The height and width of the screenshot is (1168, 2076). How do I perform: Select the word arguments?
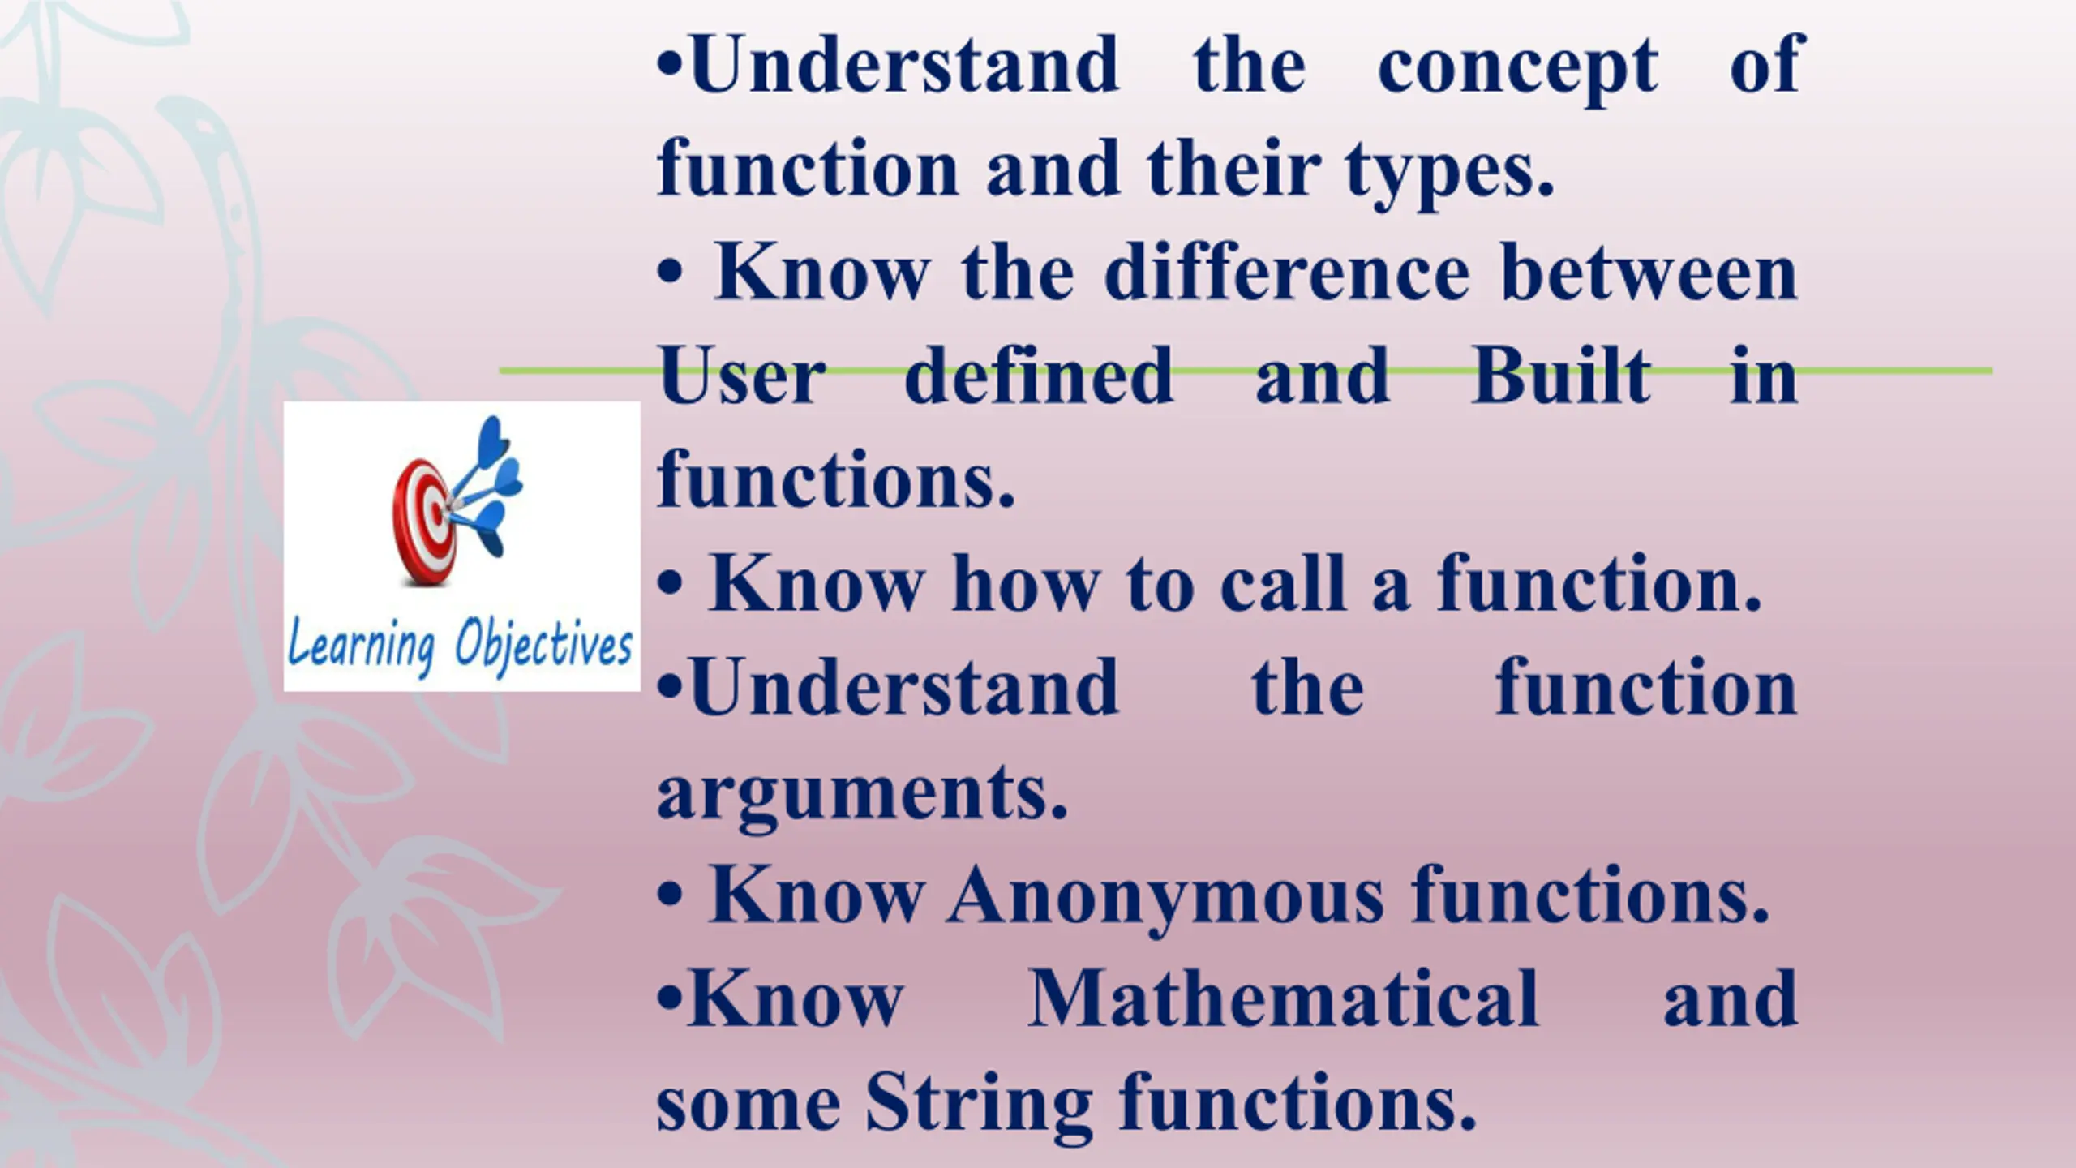[862, 795]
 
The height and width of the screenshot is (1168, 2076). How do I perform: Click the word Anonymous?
[1165, 896]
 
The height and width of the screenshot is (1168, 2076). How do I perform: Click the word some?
[748, 1108]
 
